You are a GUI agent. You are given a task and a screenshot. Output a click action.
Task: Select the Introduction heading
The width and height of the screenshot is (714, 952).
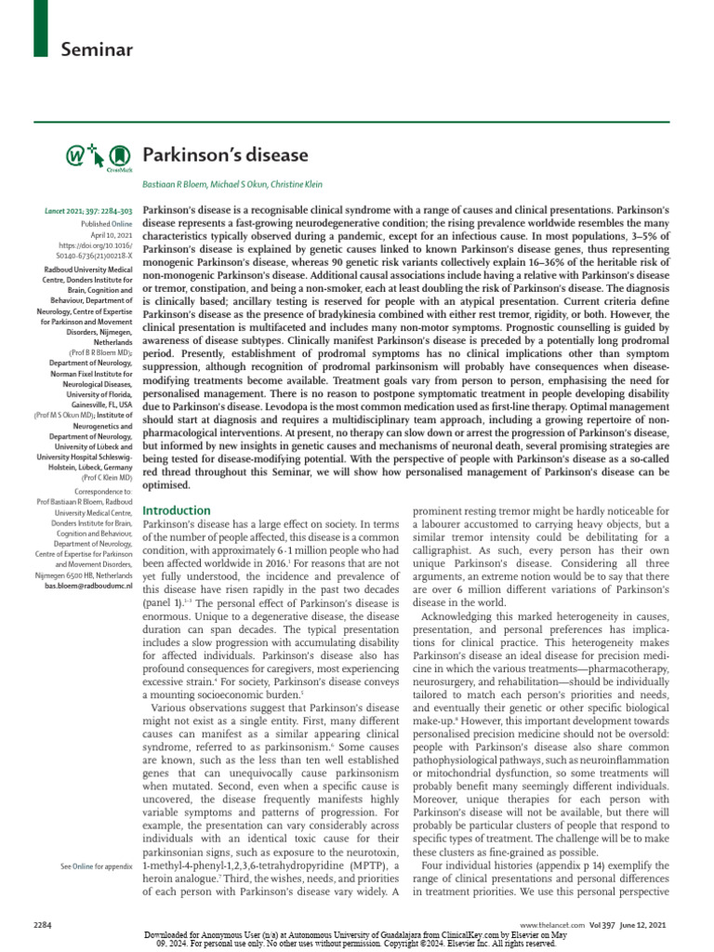tap(177, 510)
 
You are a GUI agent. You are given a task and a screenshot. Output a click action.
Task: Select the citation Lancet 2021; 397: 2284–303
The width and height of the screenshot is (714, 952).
tap(89, 212)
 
